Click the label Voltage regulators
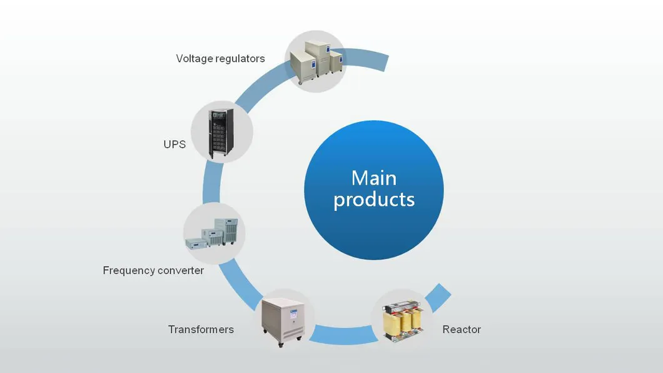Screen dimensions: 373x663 tap(220, 59)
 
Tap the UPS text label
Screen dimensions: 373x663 tap(175, 145)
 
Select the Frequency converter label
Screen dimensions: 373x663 tap(153, 271)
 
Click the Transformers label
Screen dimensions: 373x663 tap(201, 329)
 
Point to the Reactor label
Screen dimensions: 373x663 tap(461, 329)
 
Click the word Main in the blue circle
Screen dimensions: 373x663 tap(373, 178)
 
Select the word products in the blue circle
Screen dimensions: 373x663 tap(373, 200)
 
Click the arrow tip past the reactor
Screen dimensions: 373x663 tap(441, 294)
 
